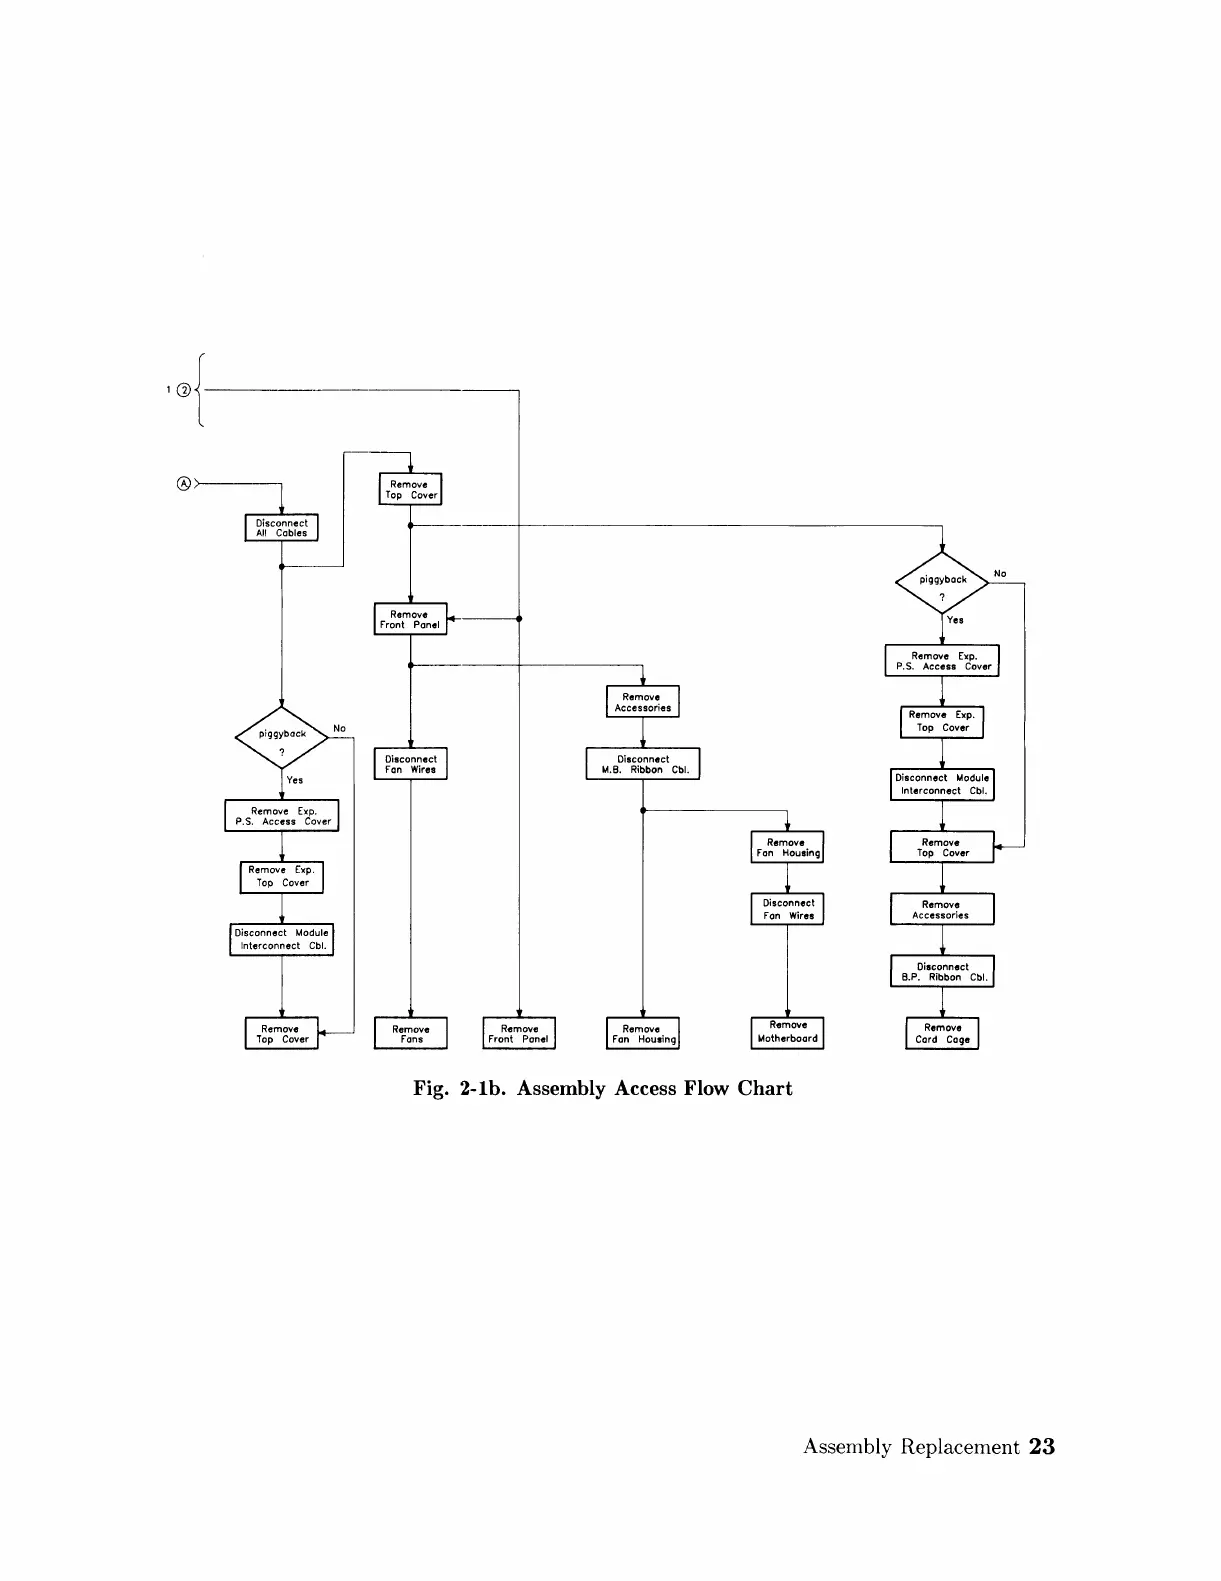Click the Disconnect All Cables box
pos(281,528)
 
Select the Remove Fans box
pos(410,1033)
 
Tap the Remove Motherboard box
pos(787,1032)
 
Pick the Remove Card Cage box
pos(942,1033)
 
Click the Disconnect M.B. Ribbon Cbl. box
pos(642,764)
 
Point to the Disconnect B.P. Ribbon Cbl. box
pos(942,971)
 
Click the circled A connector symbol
pos(184,483)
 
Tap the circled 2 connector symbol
pos(183,390)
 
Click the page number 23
pos(1041,1447)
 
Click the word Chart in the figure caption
pos(765,1088)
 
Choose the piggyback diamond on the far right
pos(942,582)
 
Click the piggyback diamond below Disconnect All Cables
pos(281,737)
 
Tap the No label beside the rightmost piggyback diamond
pos(1000,573)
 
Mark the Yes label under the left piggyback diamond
pos(295,780)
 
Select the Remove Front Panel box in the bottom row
pos(519,1033)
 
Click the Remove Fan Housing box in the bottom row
pos(643,1033)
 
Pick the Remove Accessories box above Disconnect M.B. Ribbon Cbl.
pos(642,702)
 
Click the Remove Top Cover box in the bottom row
pos(282,1033)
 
